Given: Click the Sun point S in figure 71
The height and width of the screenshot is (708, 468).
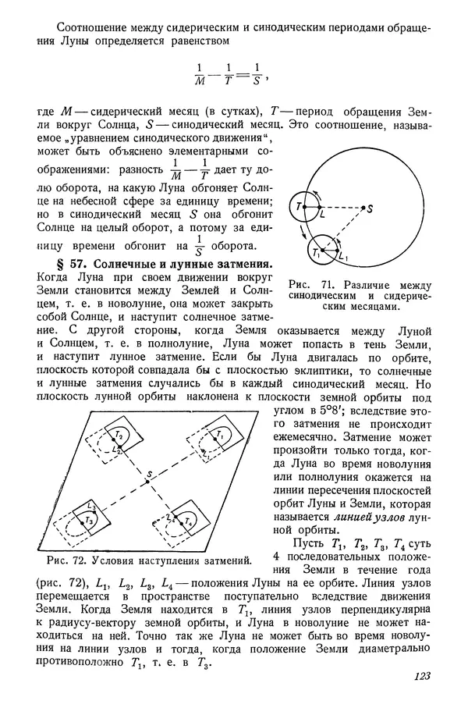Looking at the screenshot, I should [364, 207].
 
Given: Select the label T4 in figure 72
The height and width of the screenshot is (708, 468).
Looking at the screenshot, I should [190, 520].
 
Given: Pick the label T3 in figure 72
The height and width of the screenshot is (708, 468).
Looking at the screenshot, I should [90, 520].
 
